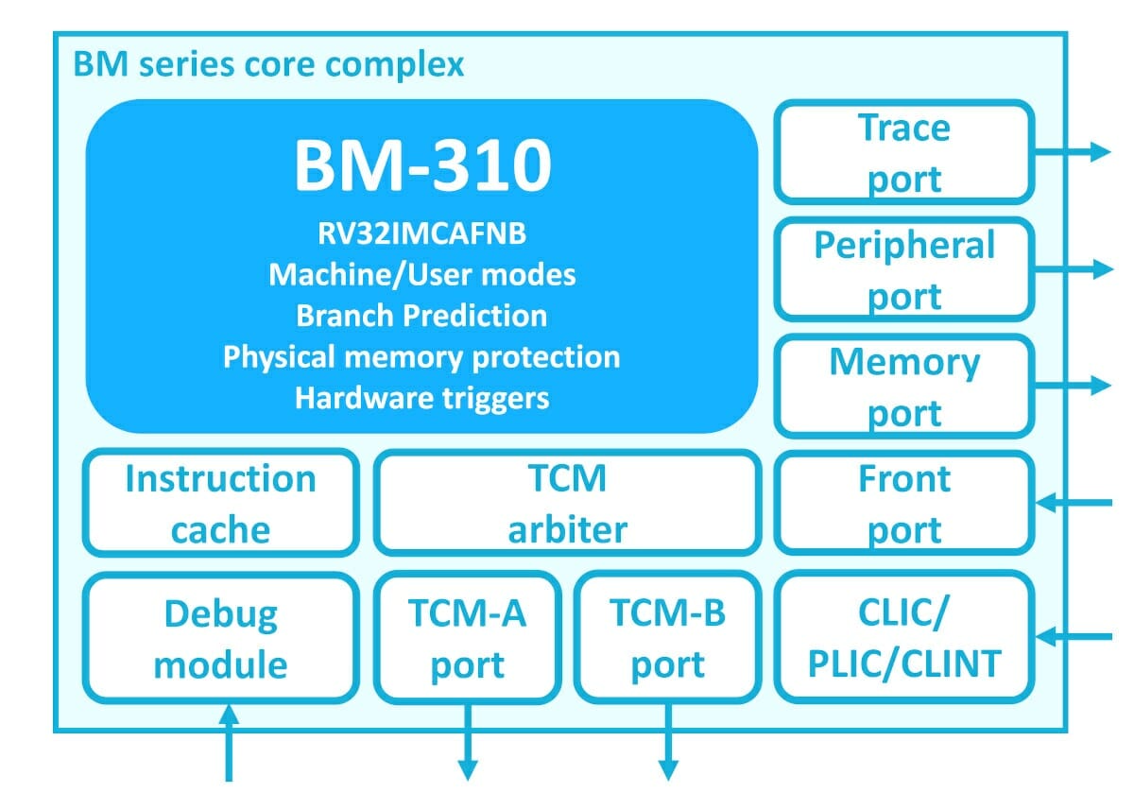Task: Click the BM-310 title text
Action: (x=422, y=165)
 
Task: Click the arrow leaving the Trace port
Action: (x=1073, y=152)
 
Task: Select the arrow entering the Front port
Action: (x=1074, y=503)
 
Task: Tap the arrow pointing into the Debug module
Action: (x=229, y=743)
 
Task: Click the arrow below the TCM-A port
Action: (x=467, y=742)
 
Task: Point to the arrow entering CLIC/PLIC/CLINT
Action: (x=1074, y=636)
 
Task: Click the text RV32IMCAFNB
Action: (x=422, y=233)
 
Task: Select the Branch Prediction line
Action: (x=421, y=316)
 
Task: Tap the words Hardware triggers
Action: (x=422, y=399)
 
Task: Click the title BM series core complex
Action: (x=268, y=65)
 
